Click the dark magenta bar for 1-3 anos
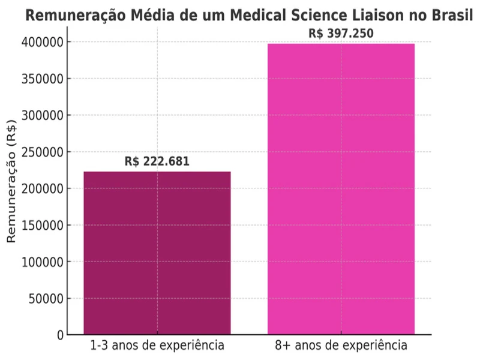(157, 253)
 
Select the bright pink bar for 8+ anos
(341, 189)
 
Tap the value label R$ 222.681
(157, 161)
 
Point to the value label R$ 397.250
(341, 34)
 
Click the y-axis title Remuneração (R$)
(11, 188)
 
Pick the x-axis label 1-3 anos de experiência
(157, 346)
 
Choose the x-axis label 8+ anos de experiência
(341, 346)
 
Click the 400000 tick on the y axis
(43, 42)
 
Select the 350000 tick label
(43, 79)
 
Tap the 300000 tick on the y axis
(43, 115)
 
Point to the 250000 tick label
(43, 152)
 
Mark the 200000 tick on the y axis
(43, 188)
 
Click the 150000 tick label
(43, 226)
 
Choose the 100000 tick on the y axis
(43, 262)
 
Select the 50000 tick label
(46, 299)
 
